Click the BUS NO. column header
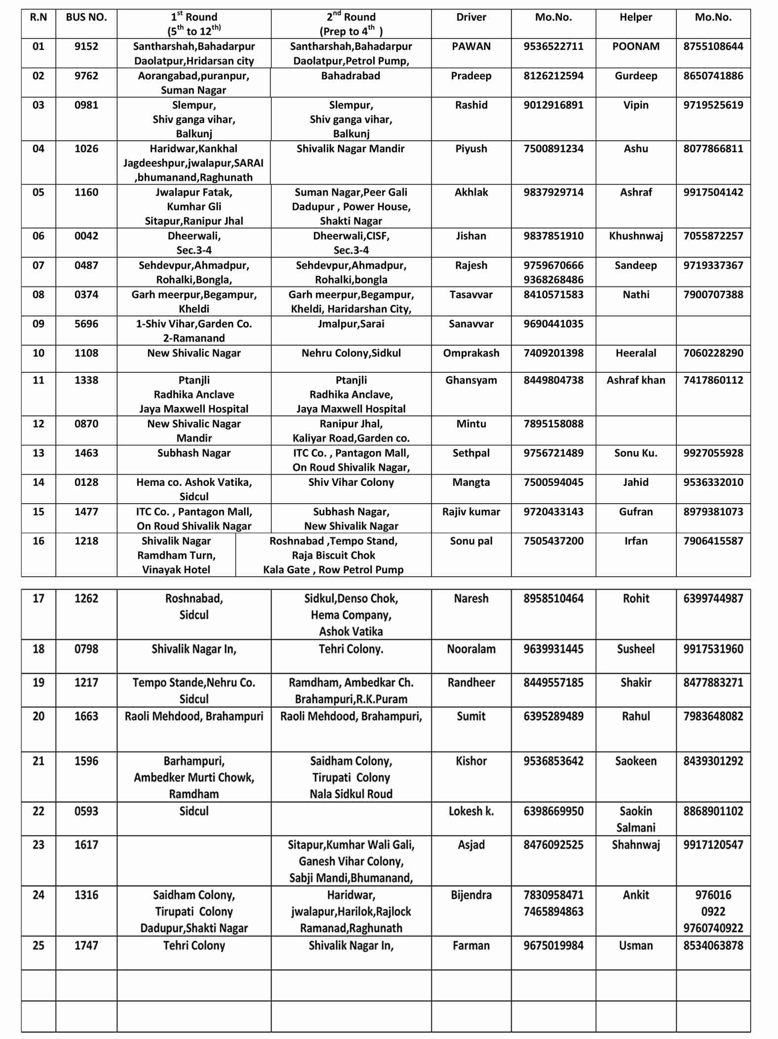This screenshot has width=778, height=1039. pyautogui.click(x=86, y=17)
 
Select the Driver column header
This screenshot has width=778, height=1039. pyautogui.click(x=471, y=17)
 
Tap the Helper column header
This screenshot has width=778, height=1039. pyautogui.click(x=635, y=17)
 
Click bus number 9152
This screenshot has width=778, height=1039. pyautogui.click(x=86, y=46)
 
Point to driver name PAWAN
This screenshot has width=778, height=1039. pyautogui.click(x=471, y=46)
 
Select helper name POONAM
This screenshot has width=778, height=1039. pyautogui.click(x=635, y=46)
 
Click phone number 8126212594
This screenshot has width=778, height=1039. pyautogui.click(x=553, y=76)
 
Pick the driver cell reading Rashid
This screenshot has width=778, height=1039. pyautogui.click(x=471, y=105)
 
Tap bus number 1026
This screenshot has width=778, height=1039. pyautogui.click(x=86, y=149)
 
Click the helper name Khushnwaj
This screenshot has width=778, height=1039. pyautogui.click(x=635, y=236)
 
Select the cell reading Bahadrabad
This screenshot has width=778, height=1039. pyautogui.click(x=350, y=76)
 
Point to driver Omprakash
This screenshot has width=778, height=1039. pyautogui.click(x=471, y=353)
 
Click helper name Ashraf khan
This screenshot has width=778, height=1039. pyautogui.click(x=635, y=380)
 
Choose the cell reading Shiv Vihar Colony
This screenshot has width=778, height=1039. pyautogui.click(x=350, y=482)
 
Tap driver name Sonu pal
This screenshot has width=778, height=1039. pyautogui.click(x=471, y=541)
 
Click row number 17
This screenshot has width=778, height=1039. pyautogui.click(x=38, y=599)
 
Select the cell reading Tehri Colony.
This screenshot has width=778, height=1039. pyautogui.click(x=194, y=946)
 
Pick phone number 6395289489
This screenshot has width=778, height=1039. pyautogui.click(x=553, y=717)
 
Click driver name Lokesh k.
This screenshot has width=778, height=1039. pyautogui.click(x=471, y=811)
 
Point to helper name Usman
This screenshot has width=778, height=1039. pyautogui.click(x=635, y=946)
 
